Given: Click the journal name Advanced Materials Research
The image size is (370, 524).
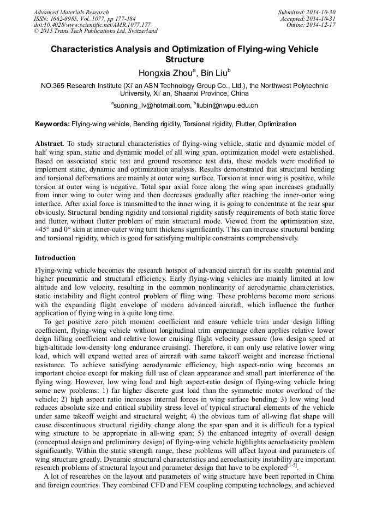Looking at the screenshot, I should tap(71, 12).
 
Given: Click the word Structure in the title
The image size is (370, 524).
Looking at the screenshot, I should tap(184, 59).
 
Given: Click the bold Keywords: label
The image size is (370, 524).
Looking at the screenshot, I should tap(52, 124).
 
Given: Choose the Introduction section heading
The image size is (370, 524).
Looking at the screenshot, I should tap(55, 257).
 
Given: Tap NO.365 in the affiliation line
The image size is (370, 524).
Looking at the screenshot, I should tap(54, 85).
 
